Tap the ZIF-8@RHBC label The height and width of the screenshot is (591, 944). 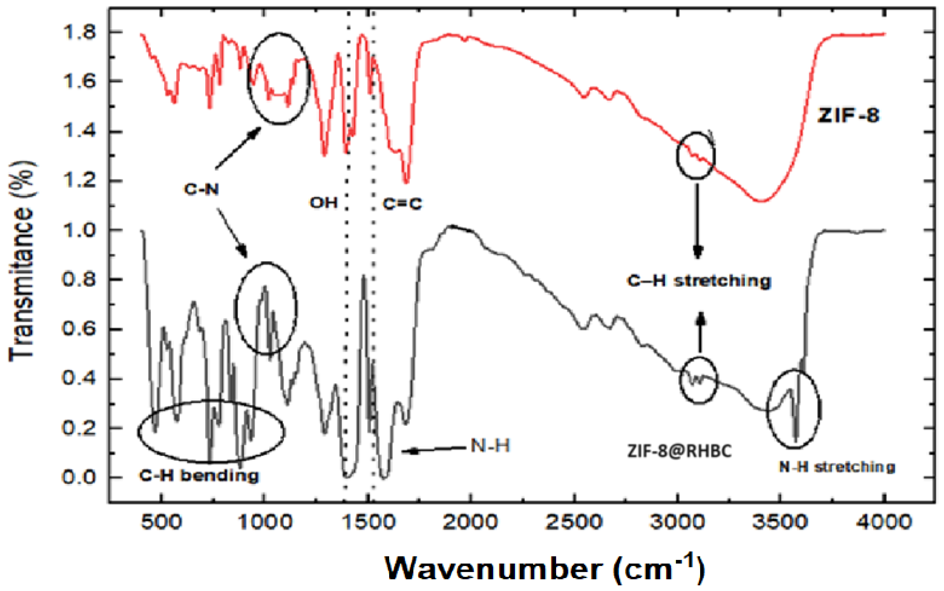point(680,451)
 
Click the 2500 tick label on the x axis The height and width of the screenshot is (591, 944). point(574,523)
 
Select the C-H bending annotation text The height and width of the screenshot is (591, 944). point(199,476)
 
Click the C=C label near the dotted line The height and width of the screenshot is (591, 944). point(402,204)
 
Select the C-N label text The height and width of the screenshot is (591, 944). point(201,189)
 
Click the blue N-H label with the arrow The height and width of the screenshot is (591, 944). point(490,445)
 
